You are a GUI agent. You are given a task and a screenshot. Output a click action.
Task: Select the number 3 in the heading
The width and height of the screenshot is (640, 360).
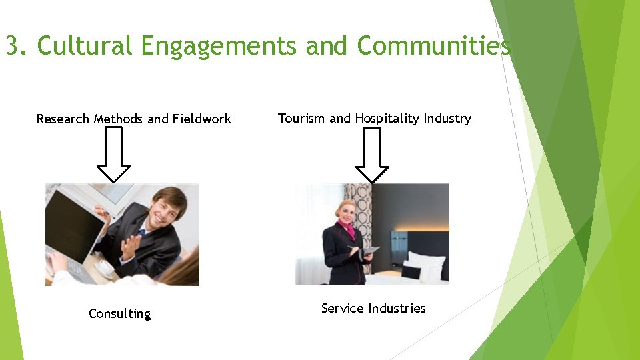click(12, 46)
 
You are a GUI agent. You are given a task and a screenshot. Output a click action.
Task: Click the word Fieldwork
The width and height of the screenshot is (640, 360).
click(202, 119)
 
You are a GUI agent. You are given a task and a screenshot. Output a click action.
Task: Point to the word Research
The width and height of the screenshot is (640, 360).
click(63, 119)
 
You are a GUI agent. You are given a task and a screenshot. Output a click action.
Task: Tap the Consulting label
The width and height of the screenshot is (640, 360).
click(120, 314)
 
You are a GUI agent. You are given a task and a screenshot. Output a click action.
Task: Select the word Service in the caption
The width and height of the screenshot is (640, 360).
click(342, 308)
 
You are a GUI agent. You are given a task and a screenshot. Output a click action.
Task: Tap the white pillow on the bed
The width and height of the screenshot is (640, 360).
click(427, 264)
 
